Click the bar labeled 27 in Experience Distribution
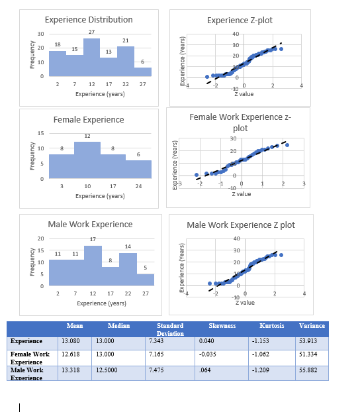click(91, 58)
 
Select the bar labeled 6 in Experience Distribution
click(142, 72)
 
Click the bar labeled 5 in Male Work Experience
click(145, 280)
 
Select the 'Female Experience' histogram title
click(88, 120)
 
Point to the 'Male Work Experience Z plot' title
click(240, 225)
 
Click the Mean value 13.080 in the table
click(70, 341)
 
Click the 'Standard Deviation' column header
click(170, 329)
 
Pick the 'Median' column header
click(119, 326)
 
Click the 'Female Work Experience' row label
click(29, 358)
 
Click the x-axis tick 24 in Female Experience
click(138, 187)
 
